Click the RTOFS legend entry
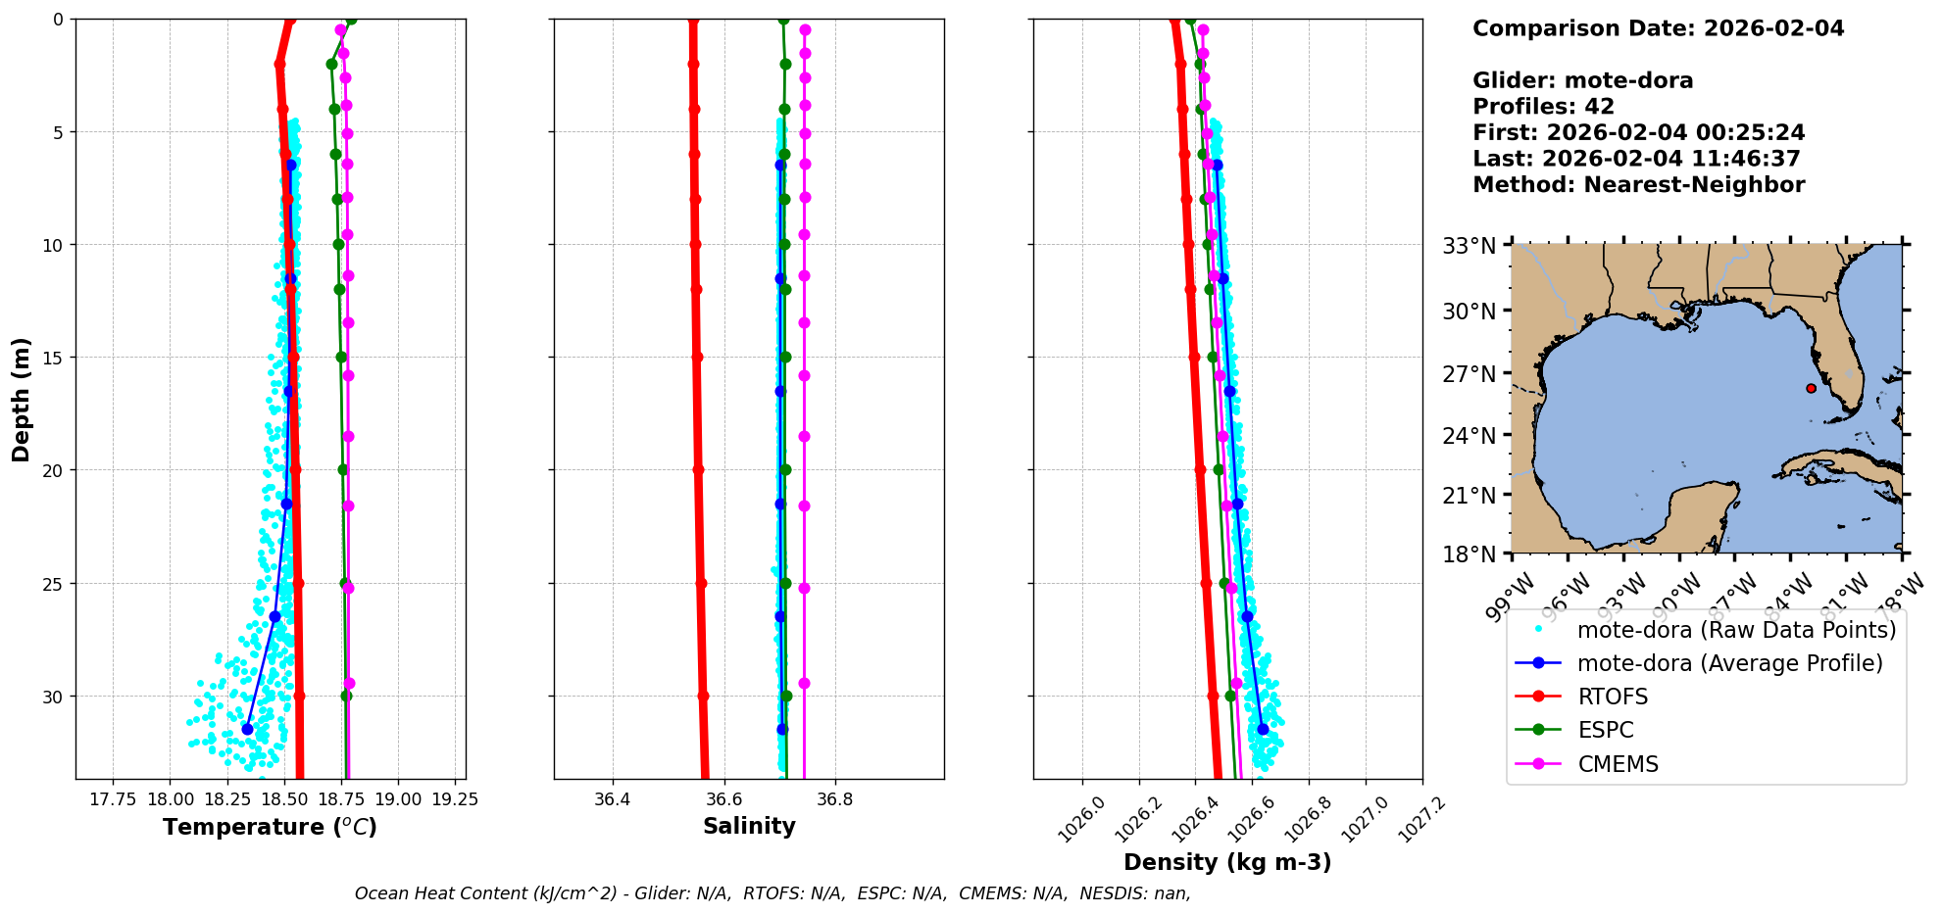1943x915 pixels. (x=1612, y=697)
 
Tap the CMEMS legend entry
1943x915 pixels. (x=1618, y=764)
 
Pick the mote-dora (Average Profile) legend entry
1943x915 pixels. (x=1729, y=663)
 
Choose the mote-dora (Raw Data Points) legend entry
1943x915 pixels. (x=1736, y=630)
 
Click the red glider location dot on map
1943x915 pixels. (x=1811, y=388)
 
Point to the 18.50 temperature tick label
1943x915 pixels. (x=284, y=799)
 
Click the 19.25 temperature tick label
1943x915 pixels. (x=455, y=799)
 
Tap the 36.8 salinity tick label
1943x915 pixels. (x=834, y=799)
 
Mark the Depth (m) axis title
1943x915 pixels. (x=21, y=400)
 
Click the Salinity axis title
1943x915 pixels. (x=749, y=826)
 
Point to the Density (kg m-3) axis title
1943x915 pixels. (x=1227, y=862)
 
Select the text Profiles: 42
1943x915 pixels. (x=1543, y=107)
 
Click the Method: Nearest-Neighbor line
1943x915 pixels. (x=1638, y=185)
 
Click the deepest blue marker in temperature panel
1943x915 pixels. (x=247, y=729)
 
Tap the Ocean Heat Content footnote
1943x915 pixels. (x=772, y=893)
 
